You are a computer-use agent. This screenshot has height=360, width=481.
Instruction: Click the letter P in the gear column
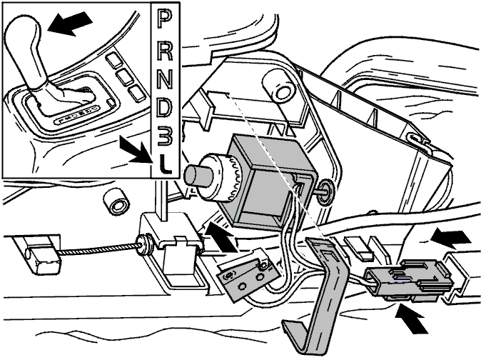[x=164, y=19]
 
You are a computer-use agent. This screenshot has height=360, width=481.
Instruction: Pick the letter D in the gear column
[x=165, y=107]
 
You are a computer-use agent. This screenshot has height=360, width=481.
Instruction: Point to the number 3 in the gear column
[x=165, y=136]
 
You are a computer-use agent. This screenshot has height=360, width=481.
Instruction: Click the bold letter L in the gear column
[x=165, y=164]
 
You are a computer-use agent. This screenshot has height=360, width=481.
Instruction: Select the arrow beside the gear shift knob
[x=70, y=24]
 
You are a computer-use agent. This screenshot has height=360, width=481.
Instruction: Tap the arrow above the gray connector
[x=451, y=239]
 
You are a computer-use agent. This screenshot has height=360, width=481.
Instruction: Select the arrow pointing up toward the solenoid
[x=221, y=237]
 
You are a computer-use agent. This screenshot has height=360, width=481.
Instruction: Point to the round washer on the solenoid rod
[x=325, y=193]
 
